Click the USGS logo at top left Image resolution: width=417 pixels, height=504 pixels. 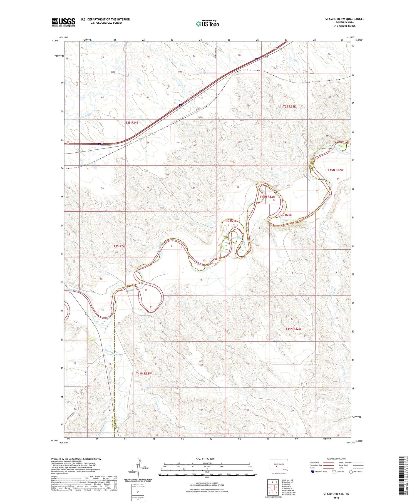tap(63, 22)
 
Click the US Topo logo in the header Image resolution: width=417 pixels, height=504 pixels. tap(207, 24)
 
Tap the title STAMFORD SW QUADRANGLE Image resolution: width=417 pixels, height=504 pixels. tap(345, 19)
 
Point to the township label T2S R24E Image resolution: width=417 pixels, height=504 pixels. tap(132, 122)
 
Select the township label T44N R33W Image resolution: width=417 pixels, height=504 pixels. tap(144, 373)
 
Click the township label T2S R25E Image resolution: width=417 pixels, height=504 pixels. tap(289, 106)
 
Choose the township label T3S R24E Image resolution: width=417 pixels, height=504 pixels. tap(120, 246)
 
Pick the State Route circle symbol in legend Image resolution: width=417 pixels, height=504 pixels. tap(351, 472)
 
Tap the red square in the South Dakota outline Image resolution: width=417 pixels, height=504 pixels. tap(276, 467)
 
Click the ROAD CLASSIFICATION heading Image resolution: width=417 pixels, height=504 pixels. tap(336, 459)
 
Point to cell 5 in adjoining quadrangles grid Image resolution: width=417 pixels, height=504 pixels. tap(277, 487)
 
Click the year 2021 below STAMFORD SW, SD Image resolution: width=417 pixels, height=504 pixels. tap(336, 498)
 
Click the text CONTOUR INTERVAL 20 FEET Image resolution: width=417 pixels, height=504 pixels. tap(207, 483)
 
